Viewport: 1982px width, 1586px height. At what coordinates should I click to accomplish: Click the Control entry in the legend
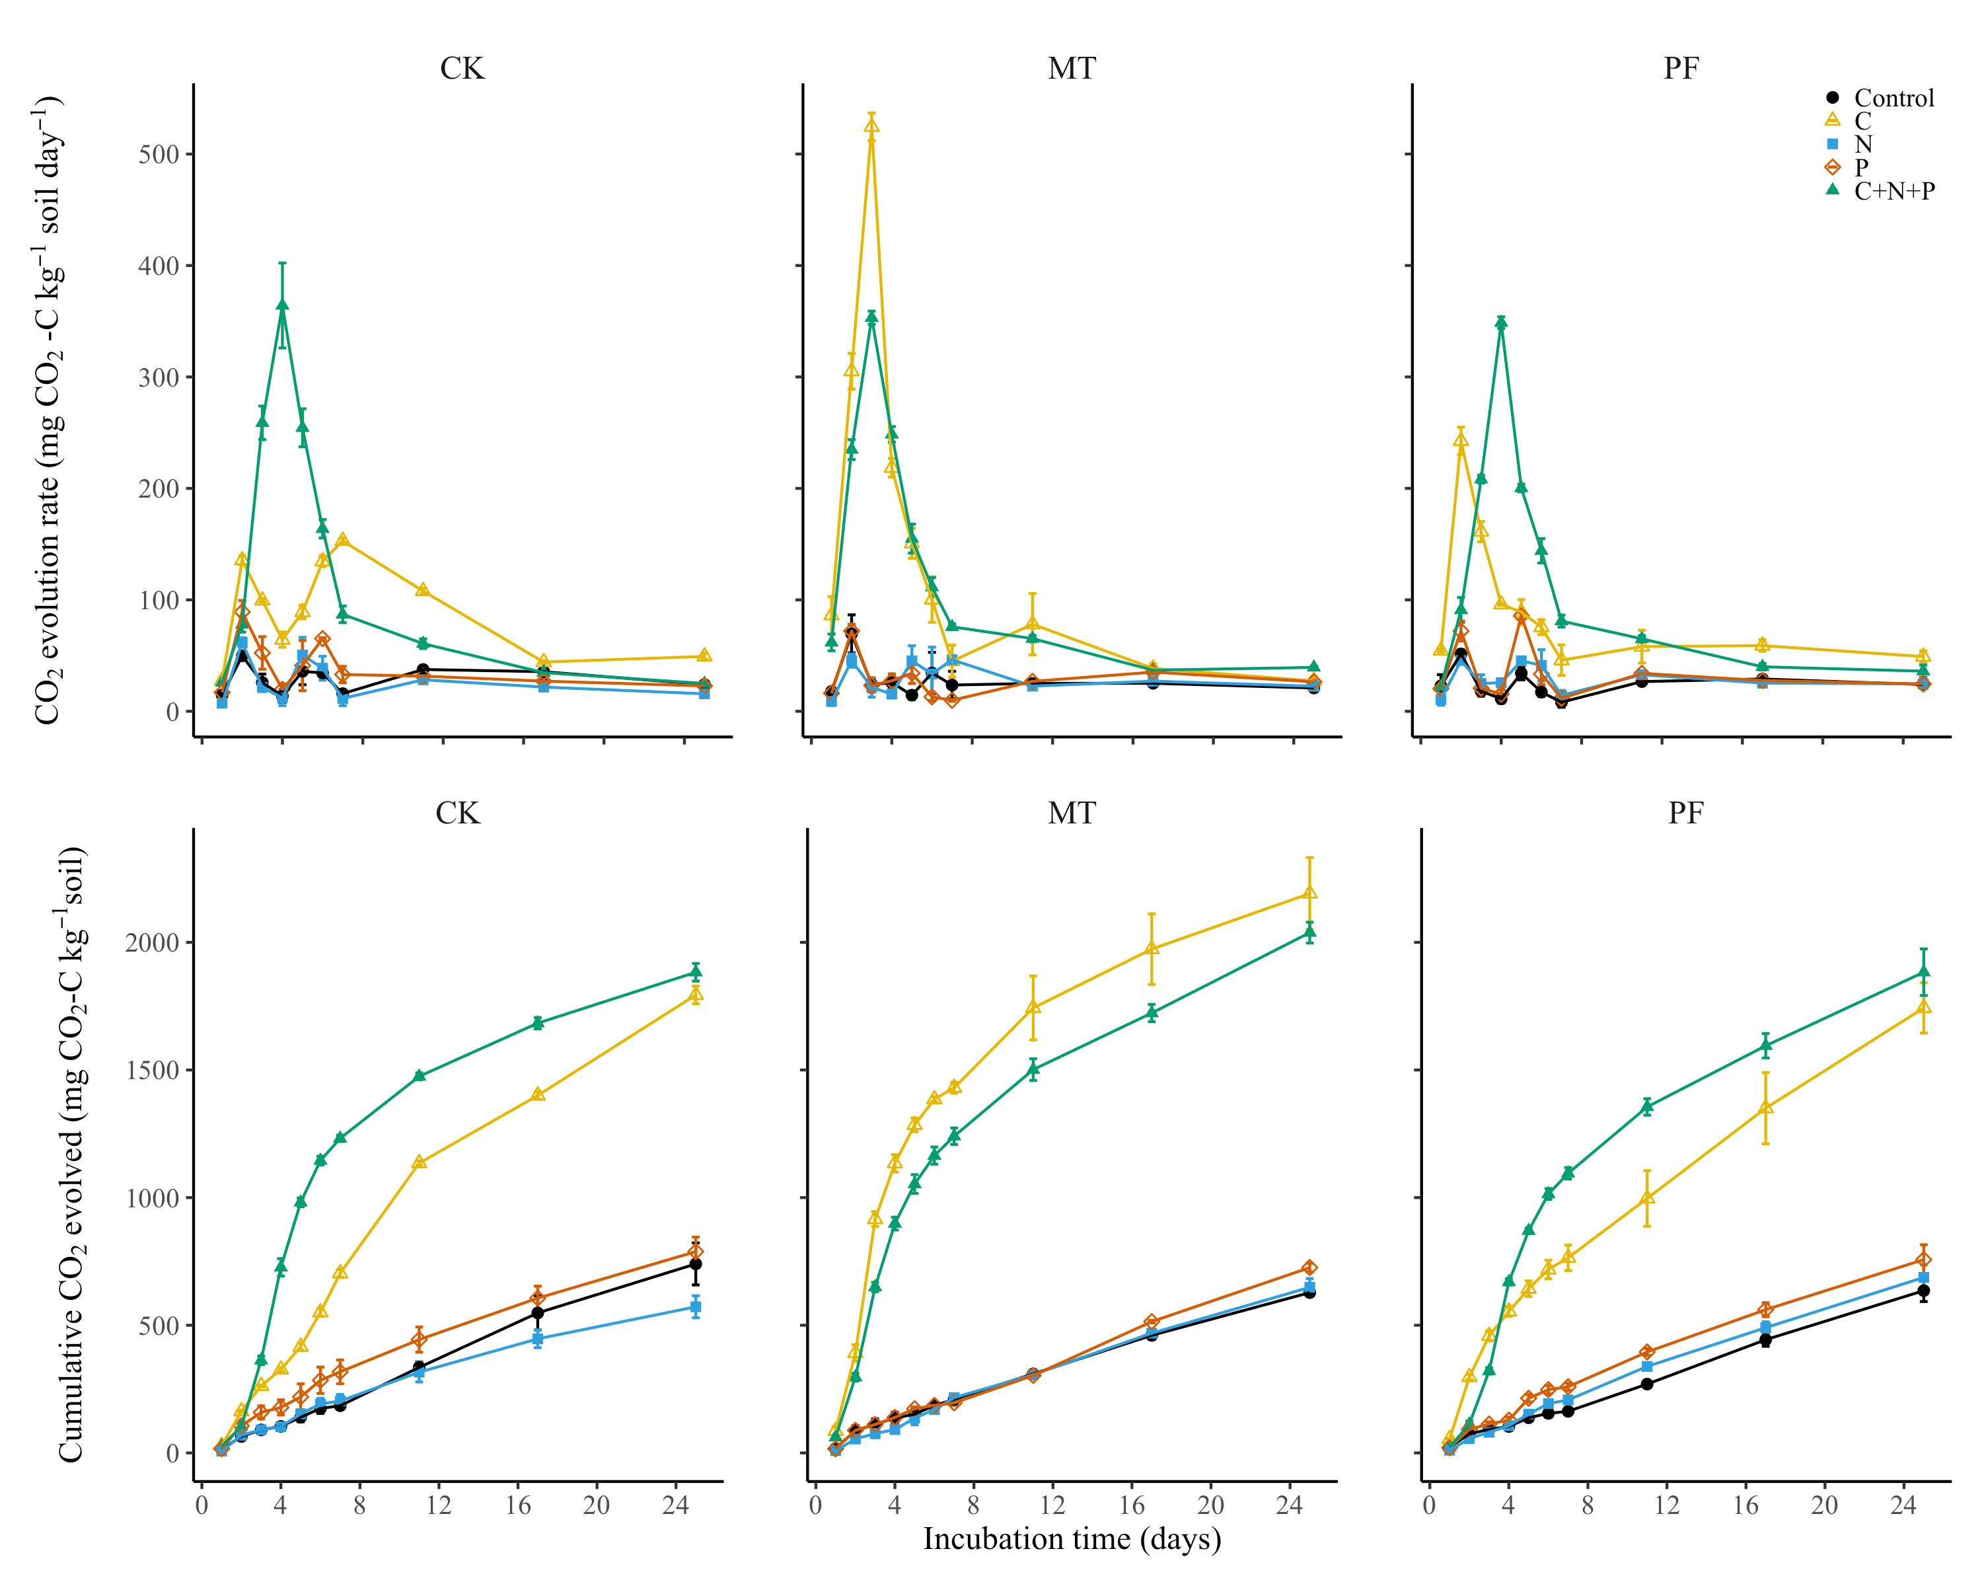[1892, 98]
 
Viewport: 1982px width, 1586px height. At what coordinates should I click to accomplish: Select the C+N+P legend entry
[1892, 191]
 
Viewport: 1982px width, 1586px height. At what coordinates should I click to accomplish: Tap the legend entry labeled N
[1862, 144]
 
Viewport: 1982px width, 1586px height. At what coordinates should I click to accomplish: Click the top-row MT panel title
[1071, 69]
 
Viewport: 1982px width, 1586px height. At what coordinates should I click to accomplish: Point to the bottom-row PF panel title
[1685, 813]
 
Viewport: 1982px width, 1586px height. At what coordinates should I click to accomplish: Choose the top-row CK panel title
[462, 69]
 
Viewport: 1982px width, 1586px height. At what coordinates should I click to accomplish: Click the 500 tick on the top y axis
[158, 155]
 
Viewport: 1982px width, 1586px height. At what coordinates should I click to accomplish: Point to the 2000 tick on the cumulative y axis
[152, 943]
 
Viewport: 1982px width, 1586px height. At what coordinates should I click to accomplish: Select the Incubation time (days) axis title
[1072, 1539]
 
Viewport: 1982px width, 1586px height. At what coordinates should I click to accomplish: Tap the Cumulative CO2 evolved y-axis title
[72, 1154]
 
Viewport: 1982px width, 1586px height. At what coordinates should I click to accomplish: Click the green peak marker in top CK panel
[282, 305]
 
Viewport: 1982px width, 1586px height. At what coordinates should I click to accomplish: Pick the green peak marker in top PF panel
[1501, 322]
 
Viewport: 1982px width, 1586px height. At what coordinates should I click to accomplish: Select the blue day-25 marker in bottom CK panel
[696, 1306]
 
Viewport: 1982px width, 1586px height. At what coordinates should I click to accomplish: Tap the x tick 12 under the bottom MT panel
[1052, 1505]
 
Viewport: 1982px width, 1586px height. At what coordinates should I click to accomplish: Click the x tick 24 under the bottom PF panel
[1903, 1505]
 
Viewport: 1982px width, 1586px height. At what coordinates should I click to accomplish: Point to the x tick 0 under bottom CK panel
[202, 1505]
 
